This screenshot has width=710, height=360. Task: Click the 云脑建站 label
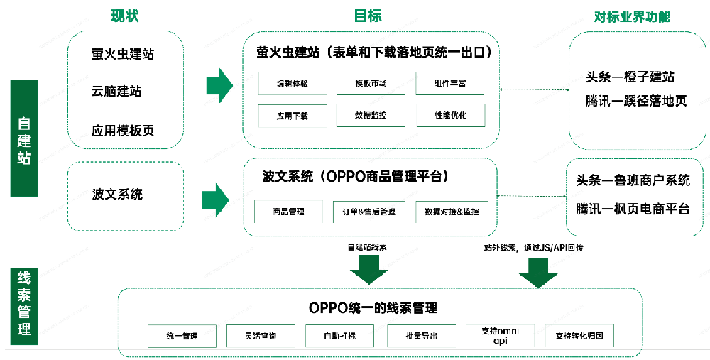116,92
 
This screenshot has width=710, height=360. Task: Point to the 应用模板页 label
123,131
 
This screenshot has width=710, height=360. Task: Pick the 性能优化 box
450,115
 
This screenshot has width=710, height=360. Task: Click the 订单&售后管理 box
368,212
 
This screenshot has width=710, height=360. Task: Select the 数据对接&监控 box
451,212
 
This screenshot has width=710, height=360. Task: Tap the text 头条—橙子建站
630,77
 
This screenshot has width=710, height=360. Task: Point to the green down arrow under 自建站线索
368,269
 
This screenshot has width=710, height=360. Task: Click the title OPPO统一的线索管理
373,307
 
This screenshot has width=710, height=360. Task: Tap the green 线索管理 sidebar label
23,303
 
